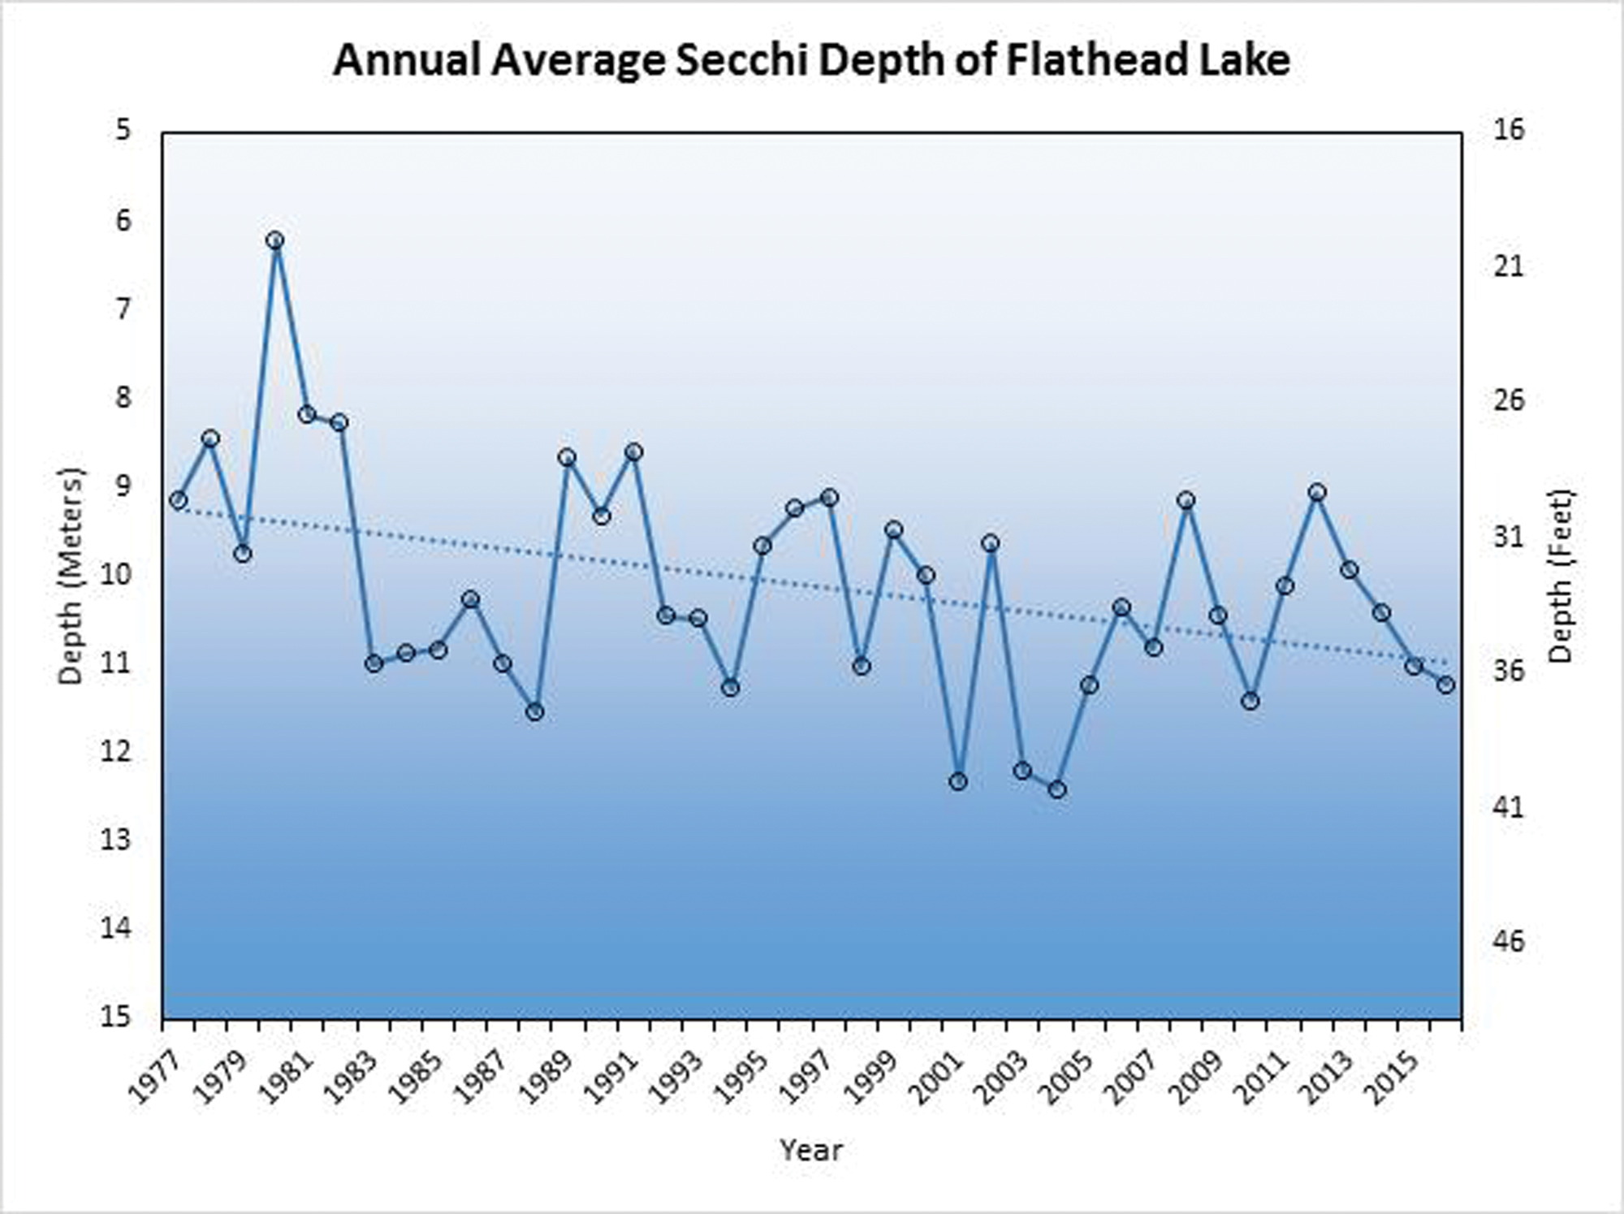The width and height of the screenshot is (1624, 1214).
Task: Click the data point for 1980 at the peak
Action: [274, 240]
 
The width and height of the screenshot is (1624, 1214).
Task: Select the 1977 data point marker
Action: [179, 499]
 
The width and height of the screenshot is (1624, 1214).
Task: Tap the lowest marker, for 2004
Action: [1056, 788]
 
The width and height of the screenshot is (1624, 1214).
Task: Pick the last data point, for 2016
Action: [1445, 685]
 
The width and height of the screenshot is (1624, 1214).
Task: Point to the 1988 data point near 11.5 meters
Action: [534, 711]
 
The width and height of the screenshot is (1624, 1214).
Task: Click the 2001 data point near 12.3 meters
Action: [958, 781]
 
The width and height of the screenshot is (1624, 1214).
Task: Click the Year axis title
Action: [811, 1149]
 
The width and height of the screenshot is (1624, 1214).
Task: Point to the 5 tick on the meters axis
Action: [123, 130]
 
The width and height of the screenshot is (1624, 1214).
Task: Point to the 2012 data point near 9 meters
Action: [1317, 492]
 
